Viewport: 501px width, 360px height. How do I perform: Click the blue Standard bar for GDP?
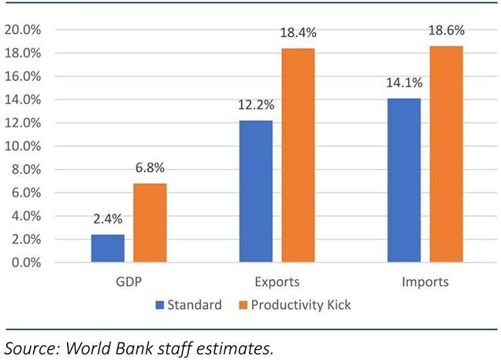[108, 248]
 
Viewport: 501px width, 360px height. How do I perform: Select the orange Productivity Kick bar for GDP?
[150, 223]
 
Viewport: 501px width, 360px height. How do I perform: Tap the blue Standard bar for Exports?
[256, 191]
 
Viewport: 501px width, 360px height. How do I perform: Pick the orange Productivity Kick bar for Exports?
[298, 155]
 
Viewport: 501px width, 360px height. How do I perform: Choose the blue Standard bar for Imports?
[404, 180]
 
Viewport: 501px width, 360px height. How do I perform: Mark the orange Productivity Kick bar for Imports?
[446, 154]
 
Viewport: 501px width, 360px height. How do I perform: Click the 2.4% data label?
[108, 219]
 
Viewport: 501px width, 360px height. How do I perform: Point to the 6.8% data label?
[150, 168]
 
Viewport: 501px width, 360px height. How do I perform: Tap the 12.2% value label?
[256, 105]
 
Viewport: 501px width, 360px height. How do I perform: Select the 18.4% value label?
[298, 32]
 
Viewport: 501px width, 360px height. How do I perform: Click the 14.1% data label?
[404, 82]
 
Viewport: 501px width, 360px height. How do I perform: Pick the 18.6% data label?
[446, 30]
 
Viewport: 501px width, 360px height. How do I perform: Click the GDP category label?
[129, 281]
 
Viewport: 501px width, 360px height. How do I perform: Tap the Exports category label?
[277, 282]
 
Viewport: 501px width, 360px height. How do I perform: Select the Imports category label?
[425, 282]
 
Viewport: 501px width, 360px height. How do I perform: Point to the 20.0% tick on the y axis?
[22, 30]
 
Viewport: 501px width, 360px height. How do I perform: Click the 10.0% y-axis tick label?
[22, 146]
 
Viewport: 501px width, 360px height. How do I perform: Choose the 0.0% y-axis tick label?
[26, 263]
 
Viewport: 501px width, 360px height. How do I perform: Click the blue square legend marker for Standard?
[160, 305]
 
